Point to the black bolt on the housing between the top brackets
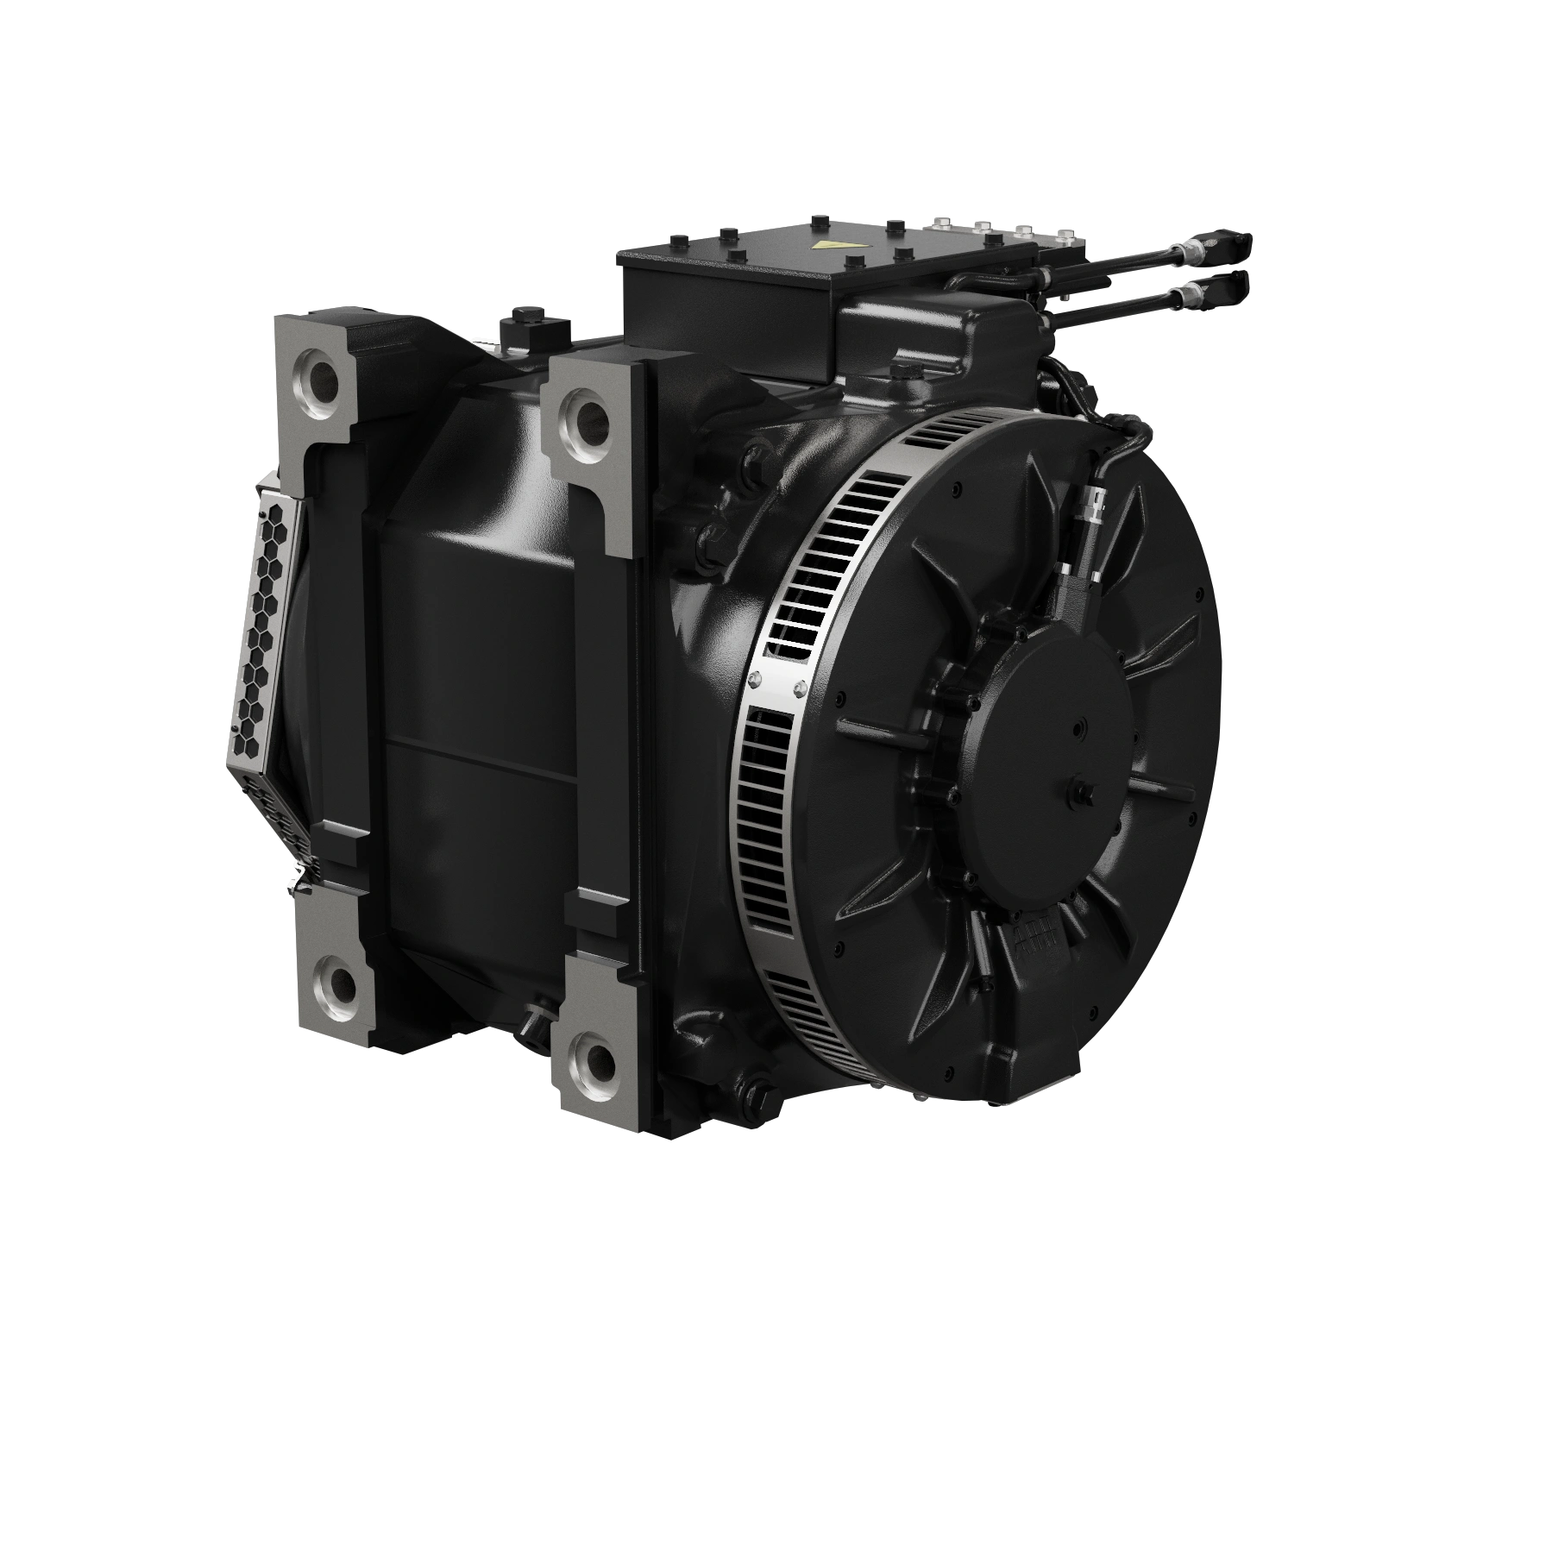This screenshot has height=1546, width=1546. tap(523, 313)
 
